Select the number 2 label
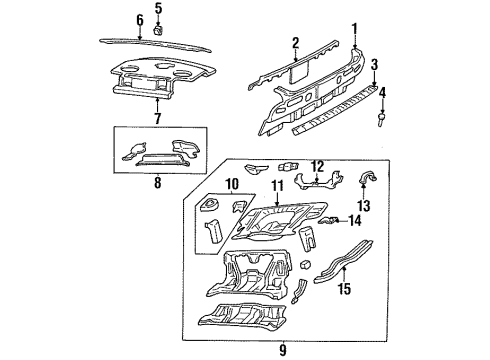click(295, 43)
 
